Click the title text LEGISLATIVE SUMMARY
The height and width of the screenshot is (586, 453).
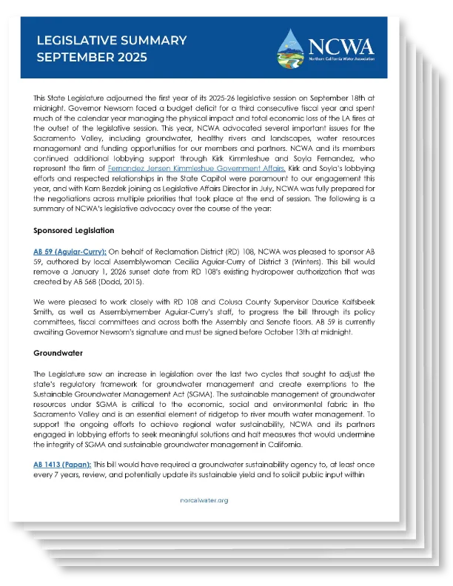coord(111,40)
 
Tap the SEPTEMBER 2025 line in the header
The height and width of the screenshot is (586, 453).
coord(92,57)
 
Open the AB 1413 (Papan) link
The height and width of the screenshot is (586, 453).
coord(61,464)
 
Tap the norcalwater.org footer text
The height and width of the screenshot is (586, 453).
coord(204,500)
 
